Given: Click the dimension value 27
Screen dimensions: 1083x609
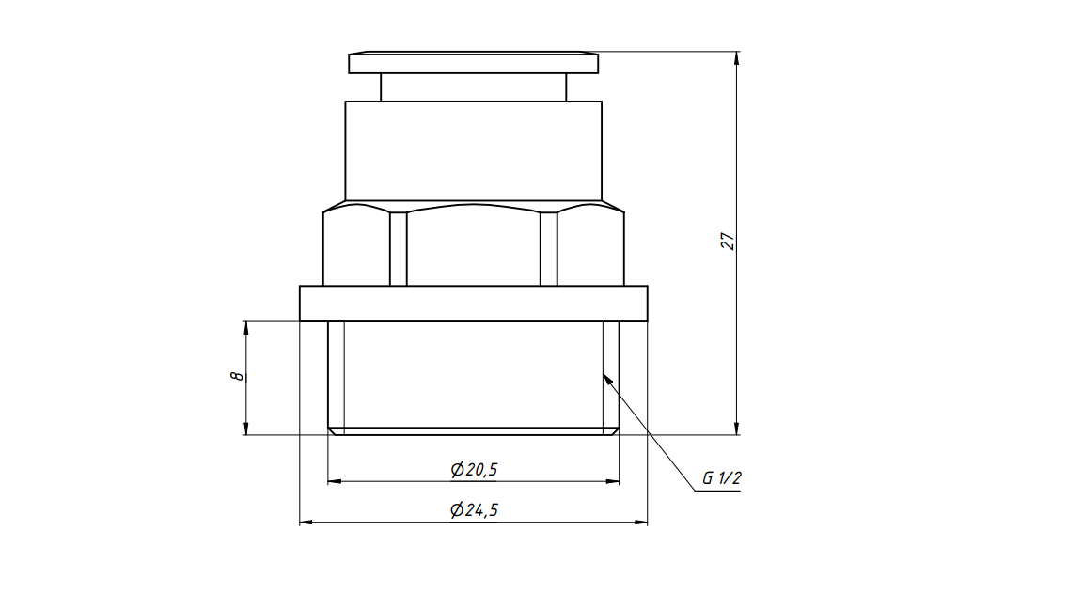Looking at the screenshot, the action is [x=728, y=241].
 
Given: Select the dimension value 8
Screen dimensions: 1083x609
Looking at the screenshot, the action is [x=237, y=376].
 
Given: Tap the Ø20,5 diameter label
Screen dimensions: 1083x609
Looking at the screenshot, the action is [x=474, y=470].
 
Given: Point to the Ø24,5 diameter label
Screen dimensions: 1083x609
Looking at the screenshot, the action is [x=474, y=510].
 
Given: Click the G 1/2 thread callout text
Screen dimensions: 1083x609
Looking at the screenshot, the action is [x=722, y=477].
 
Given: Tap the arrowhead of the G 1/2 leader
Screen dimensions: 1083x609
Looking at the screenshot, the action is [x=607, y=379].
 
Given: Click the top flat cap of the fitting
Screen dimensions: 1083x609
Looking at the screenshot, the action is [x=474, y=64].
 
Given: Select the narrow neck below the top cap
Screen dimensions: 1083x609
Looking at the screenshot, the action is [x=473, y=87].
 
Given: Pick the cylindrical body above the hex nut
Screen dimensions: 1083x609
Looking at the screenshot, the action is [x=473, y=151].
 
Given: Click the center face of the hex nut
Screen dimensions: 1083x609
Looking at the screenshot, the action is [x=474, y=247].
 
